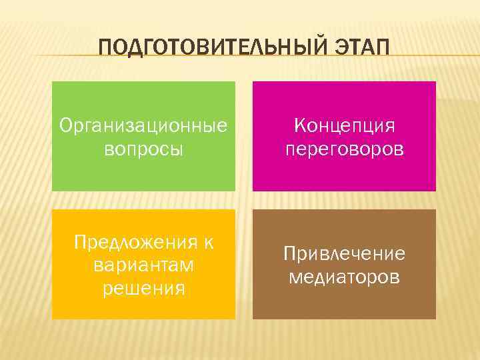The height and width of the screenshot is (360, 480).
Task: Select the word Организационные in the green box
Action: (x=143, y=125)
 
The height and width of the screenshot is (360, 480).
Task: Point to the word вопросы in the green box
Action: (x=143, y=148)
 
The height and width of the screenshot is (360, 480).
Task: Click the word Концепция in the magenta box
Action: (x=345, y=125)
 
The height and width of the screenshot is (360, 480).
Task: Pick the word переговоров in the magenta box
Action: (x=345, y=148)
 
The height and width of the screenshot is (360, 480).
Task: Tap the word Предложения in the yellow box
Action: (x=132, y=241)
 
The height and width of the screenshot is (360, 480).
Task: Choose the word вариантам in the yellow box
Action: (x=143, y=265)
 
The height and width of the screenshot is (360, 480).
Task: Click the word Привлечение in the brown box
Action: (x=345, y=253)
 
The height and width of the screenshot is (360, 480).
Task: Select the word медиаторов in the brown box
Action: (x=345, y=276)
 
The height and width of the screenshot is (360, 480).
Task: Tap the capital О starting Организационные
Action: (x=65, y=125)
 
